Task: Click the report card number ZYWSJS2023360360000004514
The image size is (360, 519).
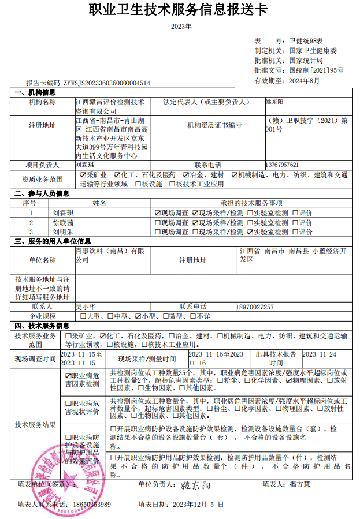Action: [x=107, y=83]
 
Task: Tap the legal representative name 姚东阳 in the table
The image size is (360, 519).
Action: [x=274, y=102]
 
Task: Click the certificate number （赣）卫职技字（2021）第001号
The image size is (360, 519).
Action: [x=307, y=125]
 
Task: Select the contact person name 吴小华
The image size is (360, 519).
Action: [x=87, y=307]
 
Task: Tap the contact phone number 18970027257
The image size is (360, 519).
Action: [x=255, y=307]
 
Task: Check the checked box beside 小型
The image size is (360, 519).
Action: [x=138, y=316]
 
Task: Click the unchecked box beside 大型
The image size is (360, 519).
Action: [x=83, y=316]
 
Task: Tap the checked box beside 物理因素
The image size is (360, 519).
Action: [x=288, y=380]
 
